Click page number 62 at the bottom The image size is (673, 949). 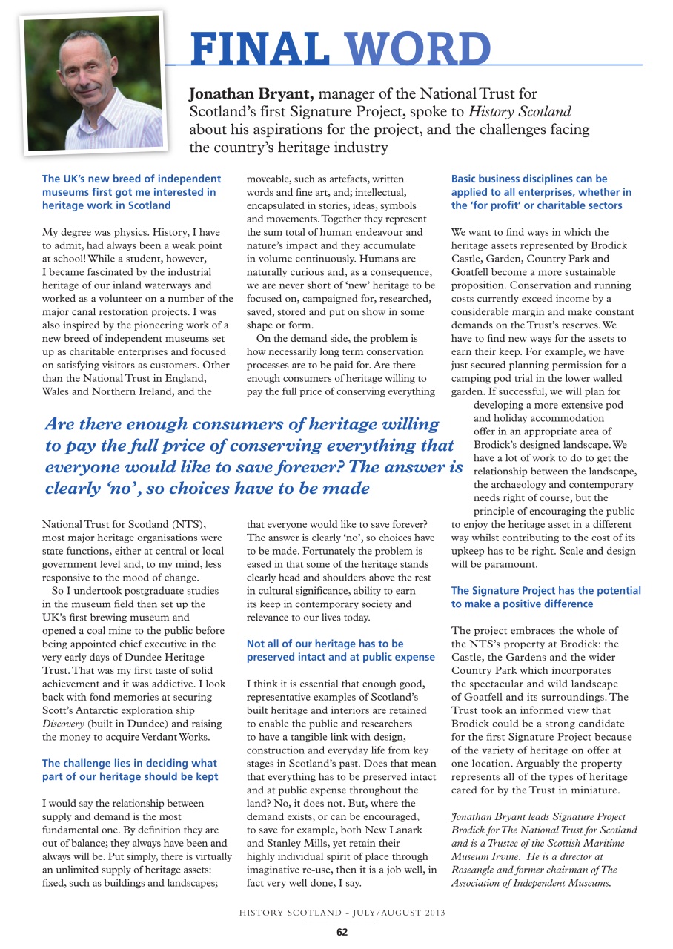pyautogui.click(x=342, y=932)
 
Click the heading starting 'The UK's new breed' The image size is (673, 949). pyautogui.click(x=131, y=192)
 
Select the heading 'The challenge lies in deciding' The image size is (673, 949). pyautogui.click(x=130, y=770)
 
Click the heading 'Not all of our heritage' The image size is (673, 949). pyautogui.click(x=340, y=650)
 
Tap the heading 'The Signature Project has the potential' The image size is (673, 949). pyautogui.click(x=546, y=597)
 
